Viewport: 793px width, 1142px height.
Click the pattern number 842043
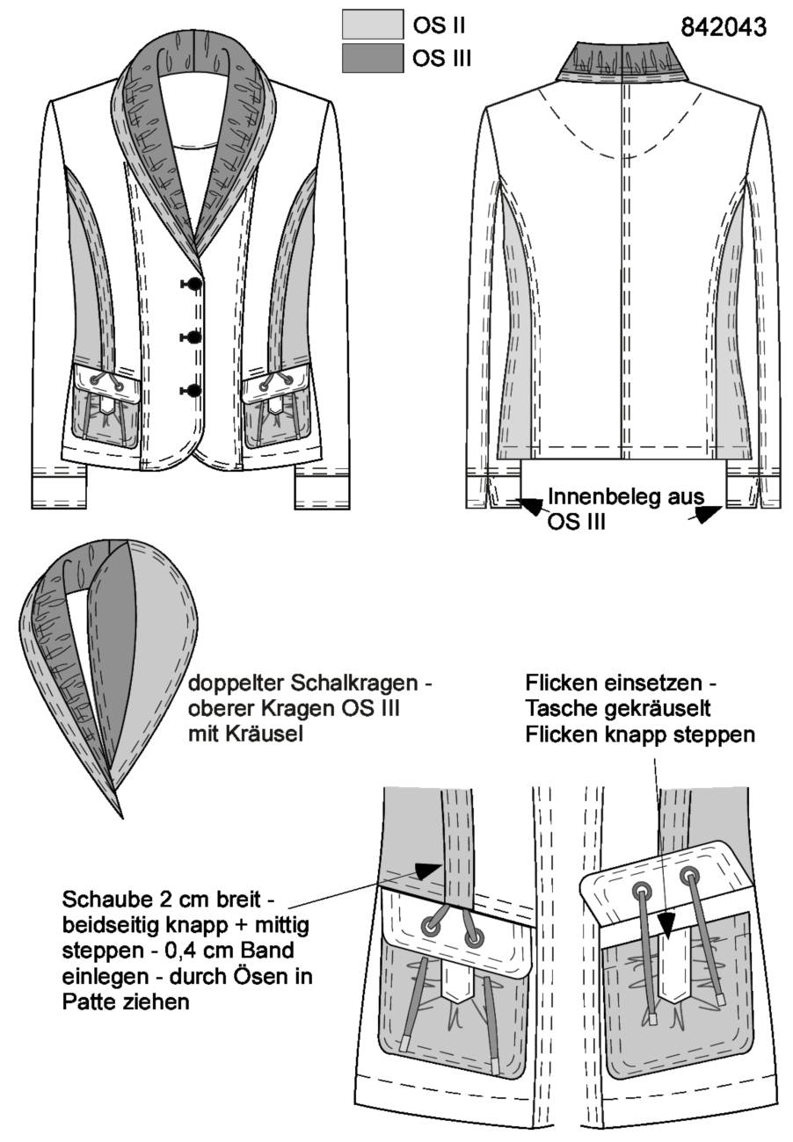723,26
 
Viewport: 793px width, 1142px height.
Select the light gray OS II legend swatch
373,24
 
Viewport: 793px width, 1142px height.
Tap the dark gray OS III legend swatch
373,58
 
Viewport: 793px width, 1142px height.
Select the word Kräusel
262,734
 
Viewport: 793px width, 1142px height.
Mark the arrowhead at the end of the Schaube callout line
427,871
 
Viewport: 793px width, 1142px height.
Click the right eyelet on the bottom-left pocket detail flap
473,937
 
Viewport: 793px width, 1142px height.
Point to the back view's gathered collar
622,62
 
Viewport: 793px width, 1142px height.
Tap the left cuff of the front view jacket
59,492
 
